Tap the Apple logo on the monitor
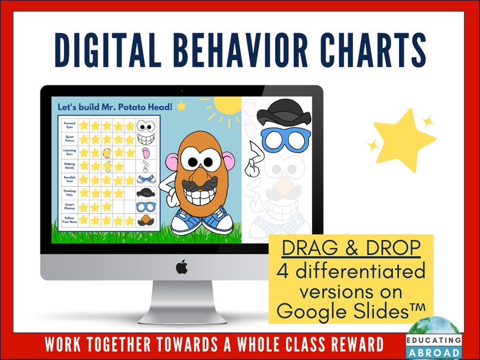(x=181, y=266)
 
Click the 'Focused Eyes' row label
(x=69, y=125)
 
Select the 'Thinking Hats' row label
(x=69, y=193)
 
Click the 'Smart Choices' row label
(x=69, y=207)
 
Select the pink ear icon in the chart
(x=144, y=153)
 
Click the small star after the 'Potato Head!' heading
(x=181, y=106)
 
